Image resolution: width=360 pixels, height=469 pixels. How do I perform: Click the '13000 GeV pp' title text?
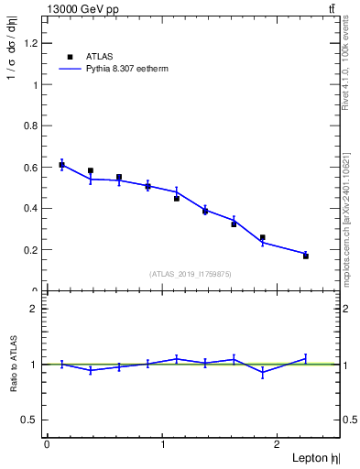pyautogui.click(x=82, y=9)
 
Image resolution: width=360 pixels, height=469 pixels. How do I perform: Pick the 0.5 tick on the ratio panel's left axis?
pyautogui.click(x=28, y=420)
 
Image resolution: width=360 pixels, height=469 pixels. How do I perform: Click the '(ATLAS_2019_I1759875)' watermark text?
pyautogui.click(x=191, y=273)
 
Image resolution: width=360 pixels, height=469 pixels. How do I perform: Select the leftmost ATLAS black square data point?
pyautogui.click(x=61, y=165)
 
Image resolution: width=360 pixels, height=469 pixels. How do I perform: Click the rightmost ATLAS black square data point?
pyautogui.click(x=306, y=256)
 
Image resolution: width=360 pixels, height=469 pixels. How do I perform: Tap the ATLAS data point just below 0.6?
pyautogui.click(x=91, y=170)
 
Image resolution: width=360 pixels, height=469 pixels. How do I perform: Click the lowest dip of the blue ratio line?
pyautogui.click(x=263, y=373)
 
